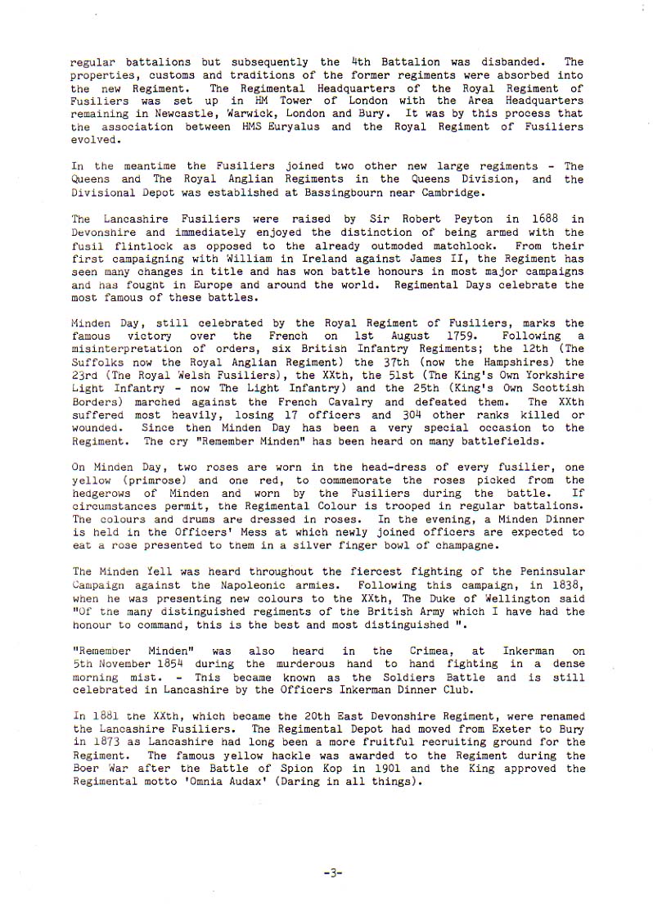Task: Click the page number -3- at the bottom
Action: point(332,873)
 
